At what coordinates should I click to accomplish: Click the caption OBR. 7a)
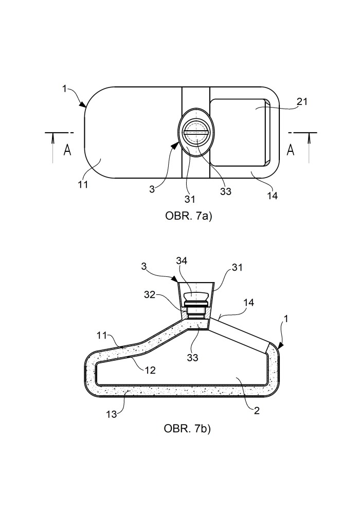pyautogui.click(x=188, y=216)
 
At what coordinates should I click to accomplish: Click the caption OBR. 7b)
pyautogui.click(x=187, y=429)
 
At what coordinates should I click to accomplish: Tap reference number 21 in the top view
pyautogui.click(x=302, y=101)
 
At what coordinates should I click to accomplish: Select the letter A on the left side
pyautogui.click(x=67, y=150)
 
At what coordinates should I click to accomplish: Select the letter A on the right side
pyautogui.click(x=291, y=150)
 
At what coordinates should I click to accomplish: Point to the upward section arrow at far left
pyautogui.click(x=52, y=148)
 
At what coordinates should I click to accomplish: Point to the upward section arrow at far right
pyautogui.click(x=309, y=148)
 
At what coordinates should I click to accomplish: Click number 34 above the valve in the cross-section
pyautogui.click(x=182, y=260)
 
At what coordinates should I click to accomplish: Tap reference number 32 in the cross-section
pyautogui.click(x=150, y=295)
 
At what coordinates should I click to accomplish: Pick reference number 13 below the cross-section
pyautogui.click(x=112, y=414)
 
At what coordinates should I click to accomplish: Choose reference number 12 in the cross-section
pyautogui.click(x=150, y=370)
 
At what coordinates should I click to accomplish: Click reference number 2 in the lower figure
pyautogui.click(x=257, y=411)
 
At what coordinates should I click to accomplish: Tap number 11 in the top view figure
pyautogui.click(x=83, y=185)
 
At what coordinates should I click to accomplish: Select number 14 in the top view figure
pyautogui.click(x=272, y=196)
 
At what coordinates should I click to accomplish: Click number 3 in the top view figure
pyautogui.click(x=152, y=189)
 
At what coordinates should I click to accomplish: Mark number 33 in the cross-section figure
pyautogui.click(x=192, y=357)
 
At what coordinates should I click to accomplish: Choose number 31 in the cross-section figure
pyautogui.click(x=237, y=267)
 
